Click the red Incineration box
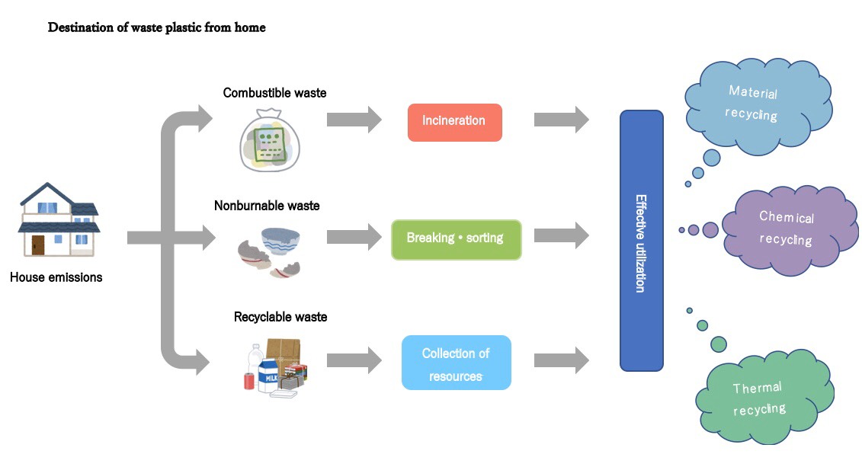pos(454,122)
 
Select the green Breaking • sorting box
pos(456,239)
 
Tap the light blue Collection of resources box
pos(456,363)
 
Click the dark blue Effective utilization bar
pos(641,239)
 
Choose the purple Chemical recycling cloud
pos(786,229)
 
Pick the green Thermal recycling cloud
pos(757,399)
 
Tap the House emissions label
pos(56,277)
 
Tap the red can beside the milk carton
pos(249,381)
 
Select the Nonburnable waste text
pos(267,206)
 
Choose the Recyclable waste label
pos(280,316)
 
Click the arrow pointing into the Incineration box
pos(354,120)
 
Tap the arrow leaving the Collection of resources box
pos(561,360)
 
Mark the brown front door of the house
pos(38,244)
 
